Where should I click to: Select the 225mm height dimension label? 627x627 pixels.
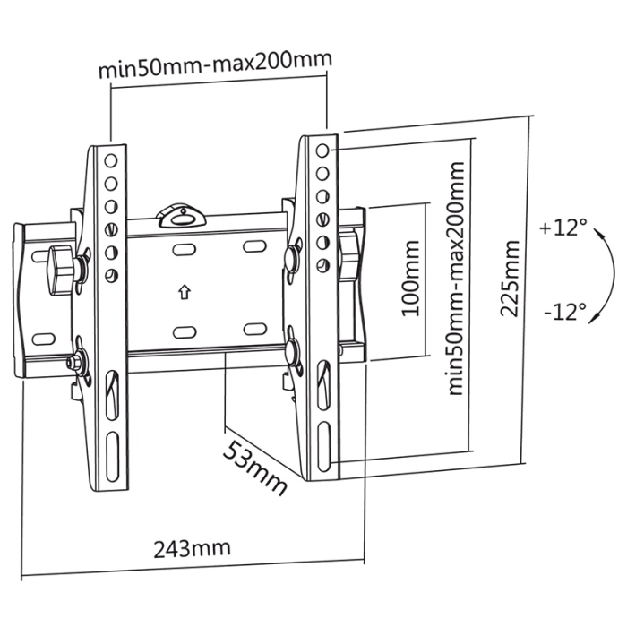click(x=510, y=278)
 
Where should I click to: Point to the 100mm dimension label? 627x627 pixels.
click(x=410, y=278)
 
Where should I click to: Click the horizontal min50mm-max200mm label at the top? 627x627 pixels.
click(x=215, y=66)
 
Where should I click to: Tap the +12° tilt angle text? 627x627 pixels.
click(x=563, y=228)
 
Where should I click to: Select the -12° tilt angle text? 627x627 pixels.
click(x=564, y=310)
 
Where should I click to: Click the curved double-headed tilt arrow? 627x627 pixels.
click(x=606, y=269)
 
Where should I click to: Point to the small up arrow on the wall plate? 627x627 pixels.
click(x=184, y=292)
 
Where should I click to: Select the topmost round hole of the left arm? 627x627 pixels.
click(x=111, y=162)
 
